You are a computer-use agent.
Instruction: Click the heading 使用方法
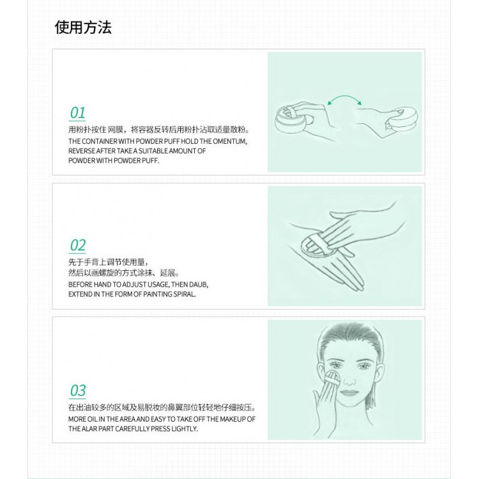pos(83,27)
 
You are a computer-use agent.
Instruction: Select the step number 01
pos(77,112)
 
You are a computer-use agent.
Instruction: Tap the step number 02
pos(77,245)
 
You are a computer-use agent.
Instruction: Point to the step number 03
pos(77,390)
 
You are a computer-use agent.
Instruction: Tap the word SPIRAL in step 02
pos(185,294)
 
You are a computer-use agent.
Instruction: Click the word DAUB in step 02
pos(199,285)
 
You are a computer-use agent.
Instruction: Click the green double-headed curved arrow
pos(344,96)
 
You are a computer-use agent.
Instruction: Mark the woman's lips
pos(349,393)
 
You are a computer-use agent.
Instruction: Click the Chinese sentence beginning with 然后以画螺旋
pos(124,273)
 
